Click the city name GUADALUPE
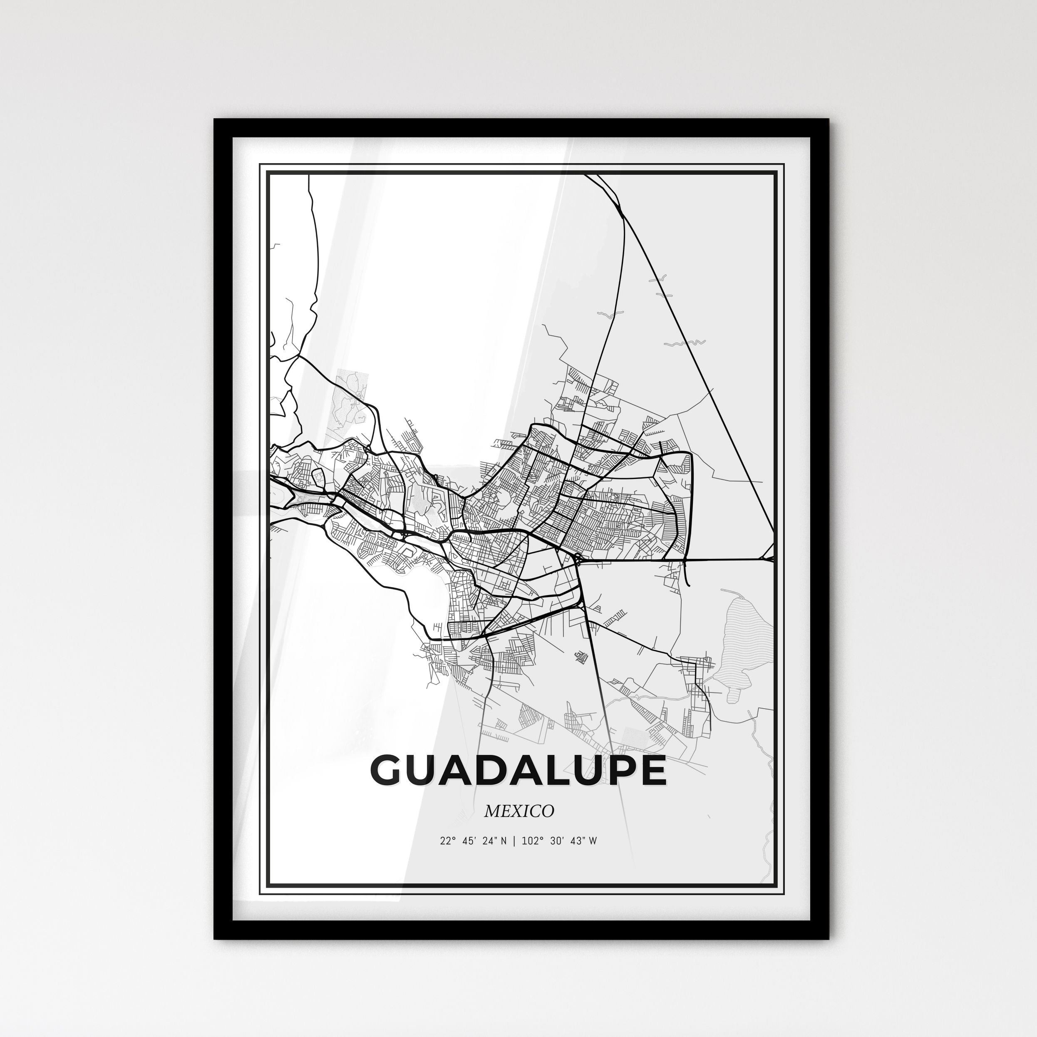click(x=518, y=770)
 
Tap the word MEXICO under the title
click(x=518, y=811)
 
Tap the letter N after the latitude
click(x=503, y=841)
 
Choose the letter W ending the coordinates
click(x=593, y=841)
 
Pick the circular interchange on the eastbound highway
click(x=578, y=559)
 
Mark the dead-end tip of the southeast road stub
click(x=689, y=585)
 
